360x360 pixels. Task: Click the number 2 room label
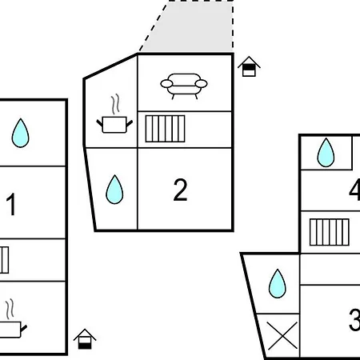[x=180, y=190]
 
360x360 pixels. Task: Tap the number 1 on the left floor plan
[x=11, y=204]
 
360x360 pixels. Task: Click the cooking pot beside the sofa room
[x=114, y=125]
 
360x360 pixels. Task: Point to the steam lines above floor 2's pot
[x=115, y=104]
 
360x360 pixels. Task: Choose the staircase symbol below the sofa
[x=165, y=129]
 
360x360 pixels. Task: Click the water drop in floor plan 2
[x=114, y=190]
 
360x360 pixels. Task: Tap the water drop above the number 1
[x=20, y=133]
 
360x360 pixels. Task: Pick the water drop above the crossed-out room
[x=278, y=283]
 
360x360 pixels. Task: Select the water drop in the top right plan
[x=326, y=153]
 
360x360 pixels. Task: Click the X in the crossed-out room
[x=282, y=335]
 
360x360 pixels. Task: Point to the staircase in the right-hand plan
[x=330, y=232]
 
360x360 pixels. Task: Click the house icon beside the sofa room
[x=249, y=66]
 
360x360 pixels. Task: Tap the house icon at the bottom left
[x=85, y=339]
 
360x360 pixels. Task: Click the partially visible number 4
[x=354, y=190]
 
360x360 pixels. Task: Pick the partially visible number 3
[x=354, y=319]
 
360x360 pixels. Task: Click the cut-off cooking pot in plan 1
[x=12, y=330]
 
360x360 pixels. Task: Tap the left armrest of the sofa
[x=166, y=84]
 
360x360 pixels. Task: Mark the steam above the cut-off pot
[x=10, y=309]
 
